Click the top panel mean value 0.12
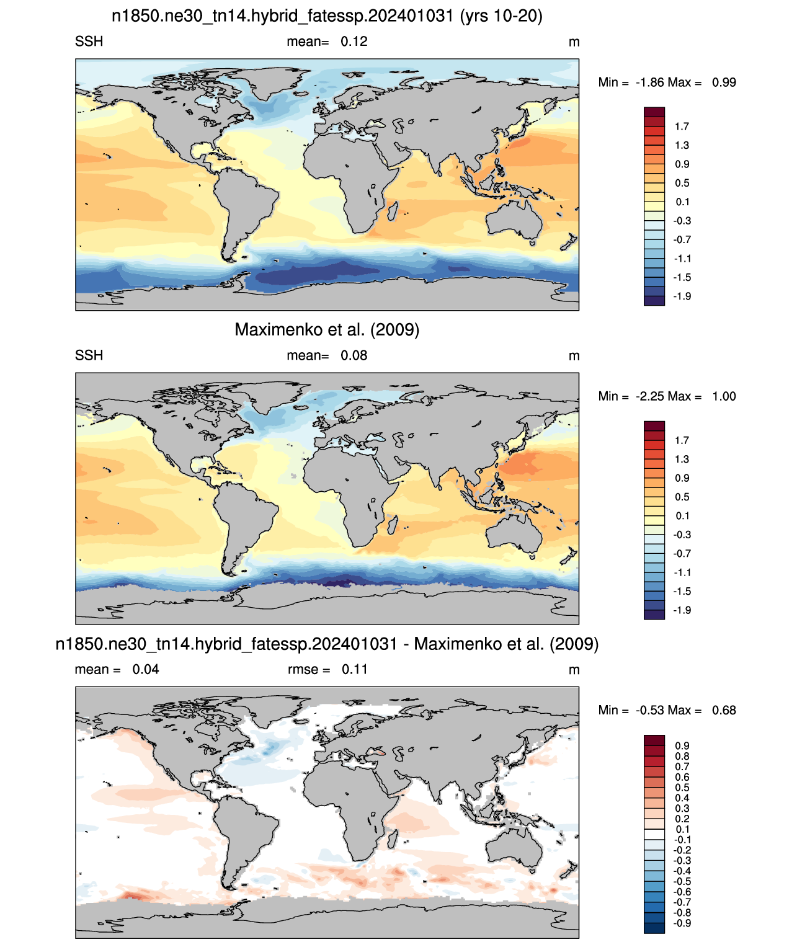pyautogui.click(x=354, y=42)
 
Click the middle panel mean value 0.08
pyautogui.click(x=354, y=355)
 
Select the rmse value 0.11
pyautogui.click(x=355, y=670)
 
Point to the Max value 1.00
pyautogui.click(x=724, y=396)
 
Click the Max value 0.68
pyautogui.click(x=724, y=711)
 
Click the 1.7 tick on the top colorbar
pyautogui.click(x=682, y=127)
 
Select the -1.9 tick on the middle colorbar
pyautogui.click(x=682, y=610)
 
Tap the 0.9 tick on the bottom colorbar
pyautogui.click(x=682, y=746)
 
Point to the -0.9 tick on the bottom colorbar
pyautogui.click(x=682, y=923)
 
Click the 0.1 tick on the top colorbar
pyautogui.click(x=682, y=202)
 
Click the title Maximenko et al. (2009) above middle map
pyautogui.click(x=327, y=329)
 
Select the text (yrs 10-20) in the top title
pyautogui.click(x=501, y=16)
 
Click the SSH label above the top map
pyautogui.click(x=89, y=42)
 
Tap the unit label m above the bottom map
pyautogui.click(x=574, y=670)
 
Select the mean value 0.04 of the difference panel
pyautogui.click(x=146, y=670)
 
